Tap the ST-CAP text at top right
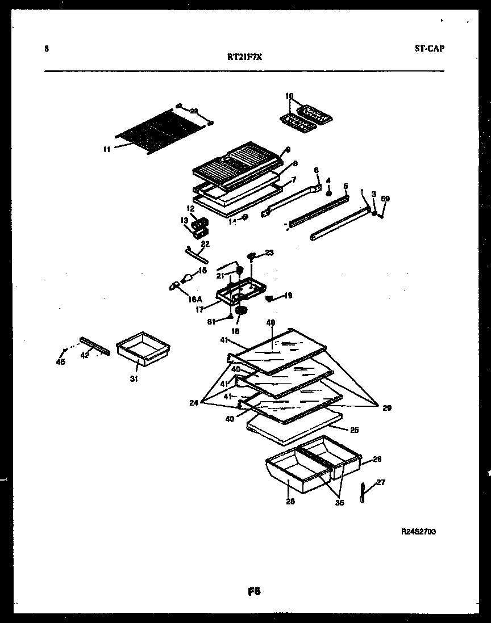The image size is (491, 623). pyautogui.click(x=430, y=49)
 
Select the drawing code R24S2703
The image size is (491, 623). pyautogui.click(x=418, y=532)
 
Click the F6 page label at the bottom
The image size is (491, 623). pyautogui.click(x=253, y=592)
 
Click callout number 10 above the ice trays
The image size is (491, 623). pyautogui.click(x=289, y=96)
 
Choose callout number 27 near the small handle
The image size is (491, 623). pyautogui.click(x=381, y=482)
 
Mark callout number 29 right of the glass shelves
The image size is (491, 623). pyautogui.click(x=387, y=407)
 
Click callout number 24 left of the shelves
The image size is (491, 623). pyautogui.click(x=194, y=403)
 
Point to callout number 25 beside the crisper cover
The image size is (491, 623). pyautogui.click(x=354, y=430)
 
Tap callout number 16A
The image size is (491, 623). pyautogui.click(x=195, y=299)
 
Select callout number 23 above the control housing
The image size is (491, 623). pyautogui.click(x=269, y=252)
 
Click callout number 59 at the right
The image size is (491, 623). pyautogui.click(x=385, y=199)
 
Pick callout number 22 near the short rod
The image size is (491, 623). pyautogui.click(x=205, y=244)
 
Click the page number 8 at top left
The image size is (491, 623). pyautogui.click(x=46, y=49)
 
